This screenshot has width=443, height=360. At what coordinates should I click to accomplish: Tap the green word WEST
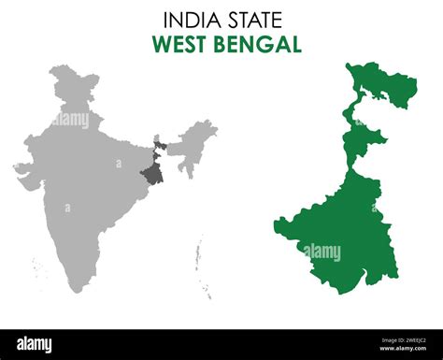click(179, 44)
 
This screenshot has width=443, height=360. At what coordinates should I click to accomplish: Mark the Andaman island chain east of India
click(199, 252)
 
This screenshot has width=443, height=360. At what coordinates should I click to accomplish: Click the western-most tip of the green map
click(277, 223)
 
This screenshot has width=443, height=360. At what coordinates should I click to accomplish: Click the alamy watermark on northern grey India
click(71, 119)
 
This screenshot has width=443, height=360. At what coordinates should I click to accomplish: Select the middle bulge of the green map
click(364, 145)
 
